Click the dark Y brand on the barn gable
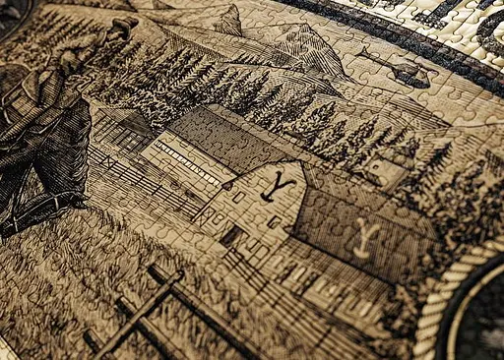click(286, 183)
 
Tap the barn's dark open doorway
click(233, 236)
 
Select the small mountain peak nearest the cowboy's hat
click(231, 18)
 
